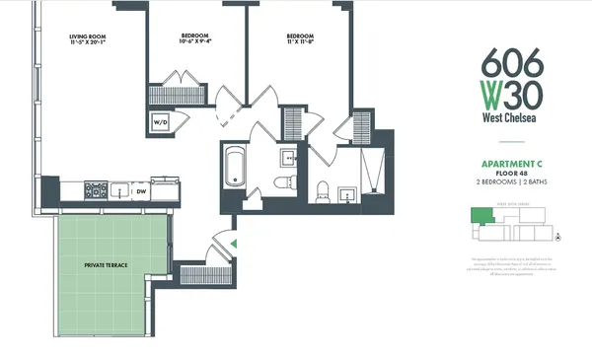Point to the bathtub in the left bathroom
click(237, 168)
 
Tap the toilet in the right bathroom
click(323, 190)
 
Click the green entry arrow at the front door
click(233, 243)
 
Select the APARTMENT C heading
click(510, 166)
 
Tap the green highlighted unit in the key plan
click(479, 216)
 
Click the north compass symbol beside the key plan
click(558, 238)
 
